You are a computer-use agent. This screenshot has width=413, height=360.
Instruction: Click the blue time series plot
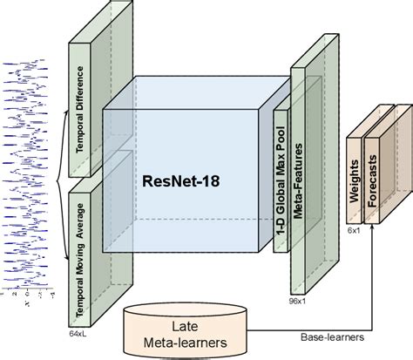pyautogui.click(x=29, y=174)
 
